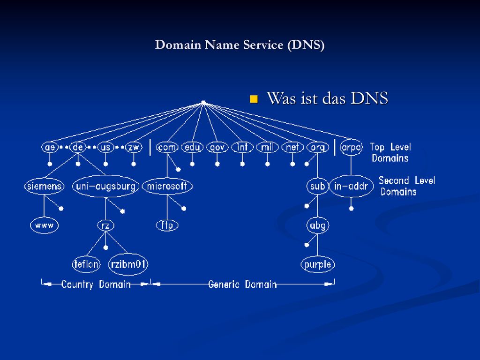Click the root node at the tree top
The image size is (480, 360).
203,103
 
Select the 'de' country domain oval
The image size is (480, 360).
78,148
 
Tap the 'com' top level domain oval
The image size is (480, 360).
167,148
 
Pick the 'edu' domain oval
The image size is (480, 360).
192,148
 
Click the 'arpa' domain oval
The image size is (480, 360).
351,148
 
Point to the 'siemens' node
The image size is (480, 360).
45,186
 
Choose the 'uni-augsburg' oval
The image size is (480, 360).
105,186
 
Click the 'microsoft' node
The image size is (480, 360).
167,186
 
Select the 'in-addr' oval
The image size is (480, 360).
351,186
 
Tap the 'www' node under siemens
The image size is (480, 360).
45,225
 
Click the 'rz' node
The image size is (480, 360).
105,225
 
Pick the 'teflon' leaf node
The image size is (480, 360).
86,264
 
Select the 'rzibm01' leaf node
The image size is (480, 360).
128,264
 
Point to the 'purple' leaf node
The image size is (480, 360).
318,264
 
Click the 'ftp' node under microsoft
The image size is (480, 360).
167,225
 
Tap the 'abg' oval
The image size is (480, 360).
318,225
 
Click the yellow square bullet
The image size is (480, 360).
254,99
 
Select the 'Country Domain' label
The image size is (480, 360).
96,285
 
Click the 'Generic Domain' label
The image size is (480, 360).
242,285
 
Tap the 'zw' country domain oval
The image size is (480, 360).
134,148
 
